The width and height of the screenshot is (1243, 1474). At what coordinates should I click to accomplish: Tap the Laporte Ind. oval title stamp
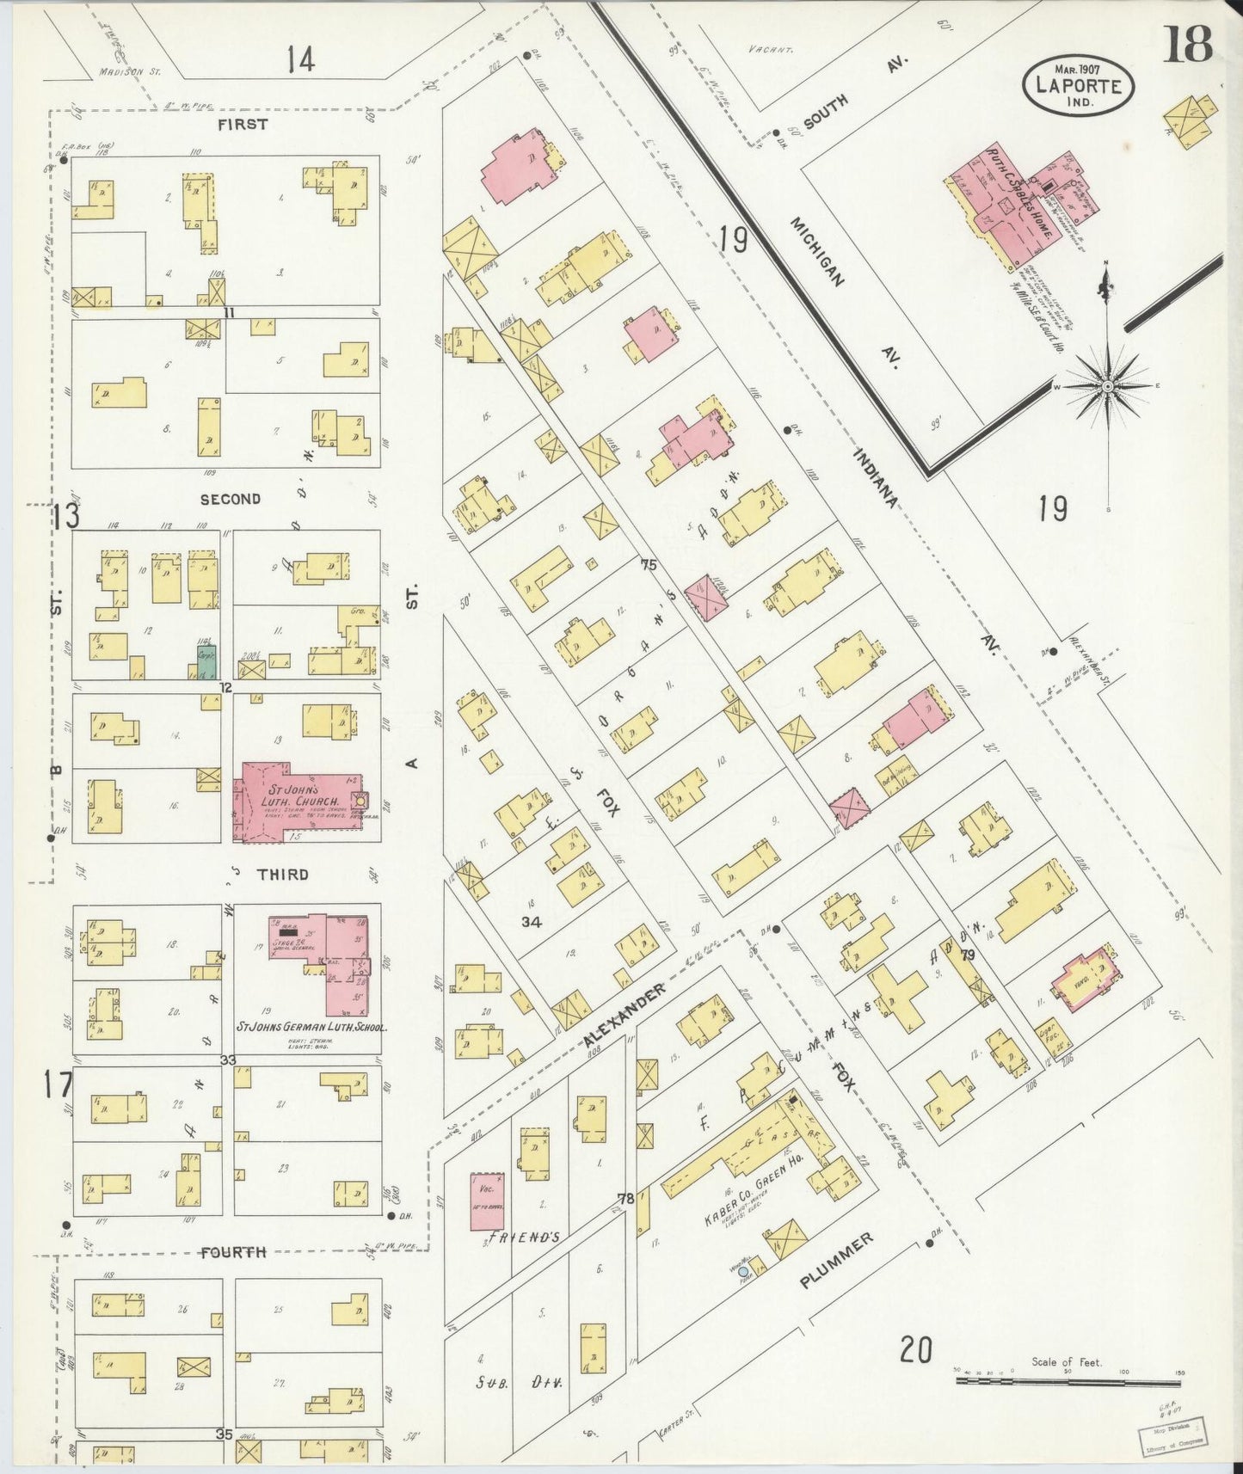click(x=1079, y=84)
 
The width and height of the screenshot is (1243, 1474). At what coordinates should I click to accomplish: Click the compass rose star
click(x=1108, y=386)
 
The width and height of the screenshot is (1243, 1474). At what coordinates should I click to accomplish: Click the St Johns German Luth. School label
click(x=311, y=1027)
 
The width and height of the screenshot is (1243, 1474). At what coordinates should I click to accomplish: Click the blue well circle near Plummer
click(x=743, y=1271)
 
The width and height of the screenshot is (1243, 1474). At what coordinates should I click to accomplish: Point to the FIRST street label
click(x=243, y=124)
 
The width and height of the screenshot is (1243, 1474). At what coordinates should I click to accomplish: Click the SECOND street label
click(x=230, y=499)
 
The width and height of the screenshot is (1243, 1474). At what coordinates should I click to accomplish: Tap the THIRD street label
click(x=283, y=874)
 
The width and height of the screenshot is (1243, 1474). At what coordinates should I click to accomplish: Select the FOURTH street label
click(x=233, y=1252)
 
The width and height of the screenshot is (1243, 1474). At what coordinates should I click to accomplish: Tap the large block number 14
click(x=301, y=60)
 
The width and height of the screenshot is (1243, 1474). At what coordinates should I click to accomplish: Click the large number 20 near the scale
click(x=916, y=1349)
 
